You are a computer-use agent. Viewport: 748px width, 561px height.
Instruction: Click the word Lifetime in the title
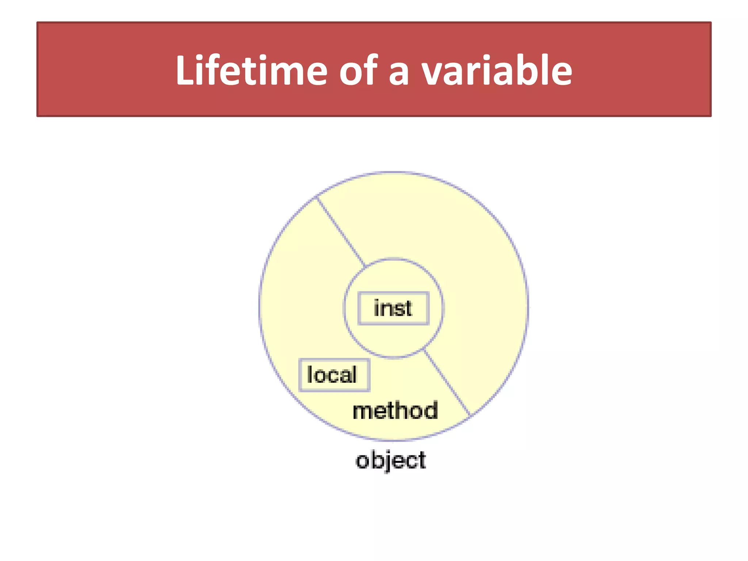pyautogui.click(x=251, y=70)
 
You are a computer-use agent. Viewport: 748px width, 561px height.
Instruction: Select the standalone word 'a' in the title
pyautogui.click(x=398, y=73)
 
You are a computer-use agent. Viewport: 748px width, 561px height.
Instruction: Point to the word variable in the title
pyautogui.click(x=497, y=70)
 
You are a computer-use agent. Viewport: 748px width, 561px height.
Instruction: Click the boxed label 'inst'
pyautogui.click(x=393, y=308)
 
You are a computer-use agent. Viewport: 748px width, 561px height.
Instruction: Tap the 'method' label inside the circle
pyautogui.click(x=395, y=411)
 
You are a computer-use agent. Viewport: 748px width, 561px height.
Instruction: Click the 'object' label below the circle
pyautogui.click(x=390, y=461)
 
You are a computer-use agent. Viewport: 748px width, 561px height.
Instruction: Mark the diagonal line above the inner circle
pyautogui.click(x=340, y=231)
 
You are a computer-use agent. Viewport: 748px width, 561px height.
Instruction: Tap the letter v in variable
pyautogui.click(x=434, y=73)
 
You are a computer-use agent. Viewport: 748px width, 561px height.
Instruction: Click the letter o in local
pyautogui.click(x=321, y=376)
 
